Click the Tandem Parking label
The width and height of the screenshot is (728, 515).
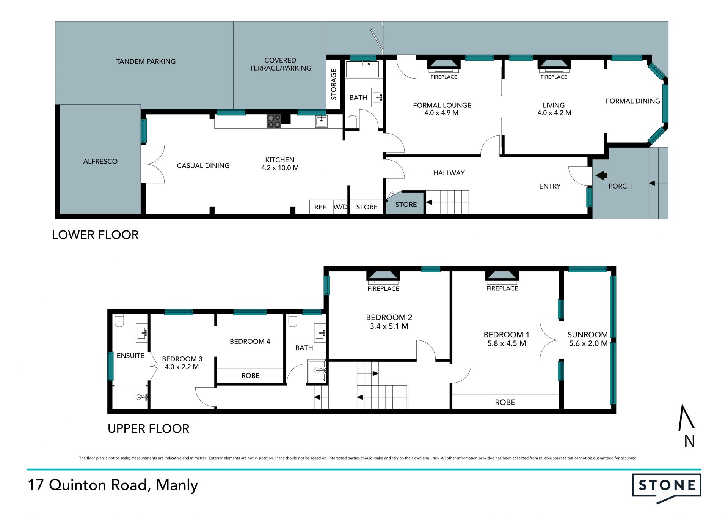146,61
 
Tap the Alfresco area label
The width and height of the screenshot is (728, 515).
100,161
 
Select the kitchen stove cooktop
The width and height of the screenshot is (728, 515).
274,121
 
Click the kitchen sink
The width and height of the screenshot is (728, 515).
321,121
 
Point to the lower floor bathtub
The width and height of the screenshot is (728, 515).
362,69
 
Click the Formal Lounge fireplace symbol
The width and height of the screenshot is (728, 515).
444,65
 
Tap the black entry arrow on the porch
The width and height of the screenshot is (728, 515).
601,175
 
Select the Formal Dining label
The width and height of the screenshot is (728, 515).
633,101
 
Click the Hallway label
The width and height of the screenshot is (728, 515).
449,173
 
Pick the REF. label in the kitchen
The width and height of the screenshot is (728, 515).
321,207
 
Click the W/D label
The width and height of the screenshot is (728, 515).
340,207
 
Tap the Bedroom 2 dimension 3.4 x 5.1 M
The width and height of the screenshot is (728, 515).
389,326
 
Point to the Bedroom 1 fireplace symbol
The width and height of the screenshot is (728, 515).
502,277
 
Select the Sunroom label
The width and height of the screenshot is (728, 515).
588,335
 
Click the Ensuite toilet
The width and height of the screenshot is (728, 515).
119,321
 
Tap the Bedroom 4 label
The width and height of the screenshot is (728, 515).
250,342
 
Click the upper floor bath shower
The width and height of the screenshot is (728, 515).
317,372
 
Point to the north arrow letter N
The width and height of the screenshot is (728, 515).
689,441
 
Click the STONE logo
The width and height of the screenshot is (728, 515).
667,488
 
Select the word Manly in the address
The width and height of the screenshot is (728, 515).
177,485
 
